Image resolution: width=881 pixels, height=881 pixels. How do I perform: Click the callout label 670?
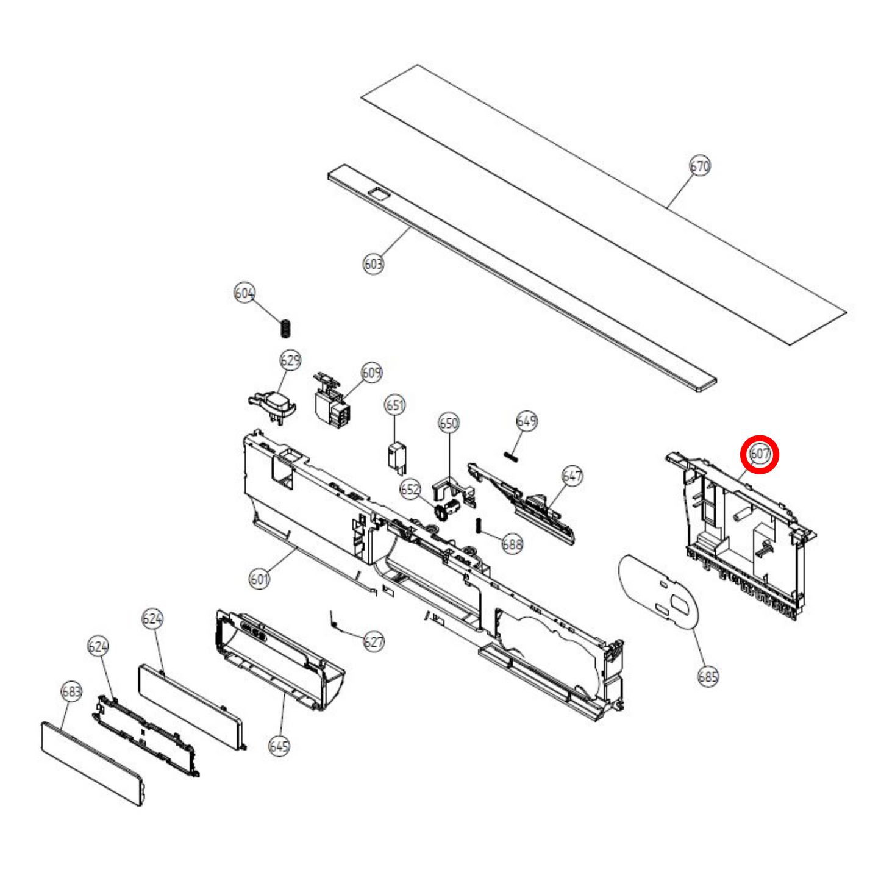click(x=700, y=166)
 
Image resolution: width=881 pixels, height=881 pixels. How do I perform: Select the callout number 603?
click(x=373, y=263)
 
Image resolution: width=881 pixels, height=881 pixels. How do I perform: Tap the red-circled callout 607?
click(x=760, y=454)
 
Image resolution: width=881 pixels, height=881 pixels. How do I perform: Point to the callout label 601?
click(x=259, y=578)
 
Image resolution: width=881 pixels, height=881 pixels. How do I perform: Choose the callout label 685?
click(x=708, y=676)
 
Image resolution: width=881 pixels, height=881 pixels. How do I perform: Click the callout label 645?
click(x=279, y=746)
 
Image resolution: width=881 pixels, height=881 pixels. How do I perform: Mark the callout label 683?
click(x=71, y=691)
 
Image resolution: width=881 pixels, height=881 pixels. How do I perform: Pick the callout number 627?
click(x=374, y=641)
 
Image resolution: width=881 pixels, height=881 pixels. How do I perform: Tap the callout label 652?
click(x=410, y=489)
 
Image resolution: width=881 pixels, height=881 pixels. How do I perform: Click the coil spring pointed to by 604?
click(x=285, y=328)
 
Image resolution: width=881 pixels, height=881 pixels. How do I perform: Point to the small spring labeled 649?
click(x=511, y=456)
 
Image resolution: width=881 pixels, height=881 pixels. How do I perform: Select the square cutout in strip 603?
click(x=379, y=193)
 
